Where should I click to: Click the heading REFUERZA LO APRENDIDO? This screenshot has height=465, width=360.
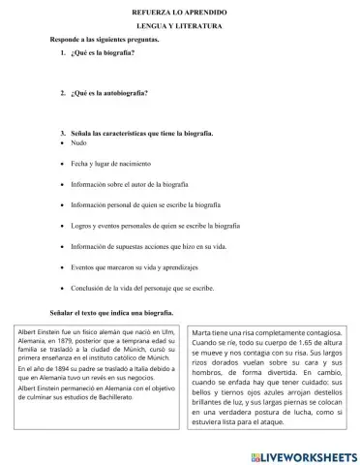point(180,9)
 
